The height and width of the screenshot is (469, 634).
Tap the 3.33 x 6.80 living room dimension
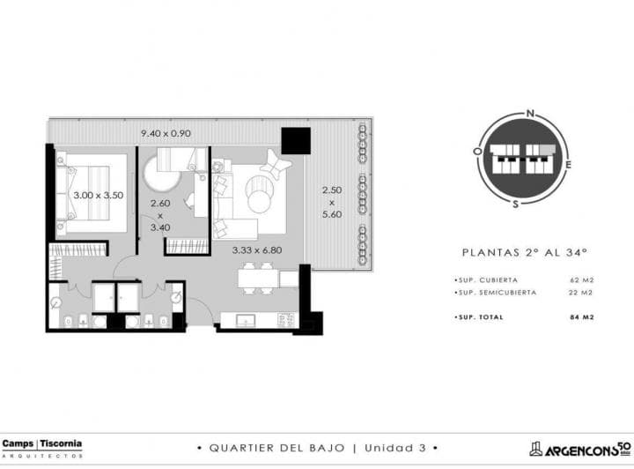click(256, 249)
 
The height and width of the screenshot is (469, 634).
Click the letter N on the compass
click(530, 113)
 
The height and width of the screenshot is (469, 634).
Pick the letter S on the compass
click(517, 204)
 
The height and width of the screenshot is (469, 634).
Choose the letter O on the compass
click(476, 151)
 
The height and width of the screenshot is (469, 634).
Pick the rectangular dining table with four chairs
click(259, 279)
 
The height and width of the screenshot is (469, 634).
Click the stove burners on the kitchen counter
click(285, 317)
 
